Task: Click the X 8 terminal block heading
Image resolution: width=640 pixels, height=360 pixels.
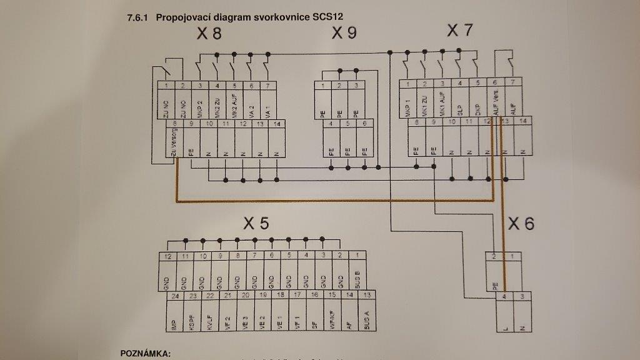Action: coord(209,34)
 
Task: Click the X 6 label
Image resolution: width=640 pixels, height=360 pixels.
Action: coord(521,223)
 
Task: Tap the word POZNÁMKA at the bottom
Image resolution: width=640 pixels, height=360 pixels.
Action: coord(145,354)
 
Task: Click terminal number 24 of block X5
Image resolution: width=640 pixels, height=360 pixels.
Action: coord(176,296)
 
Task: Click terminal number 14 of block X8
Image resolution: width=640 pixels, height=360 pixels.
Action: coord(276,124)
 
